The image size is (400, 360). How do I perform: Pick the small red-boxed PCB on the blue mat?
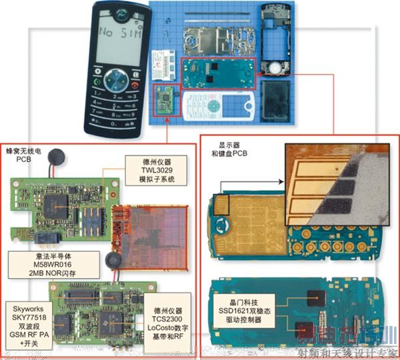pyautogui.click(x=167, y=100)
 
